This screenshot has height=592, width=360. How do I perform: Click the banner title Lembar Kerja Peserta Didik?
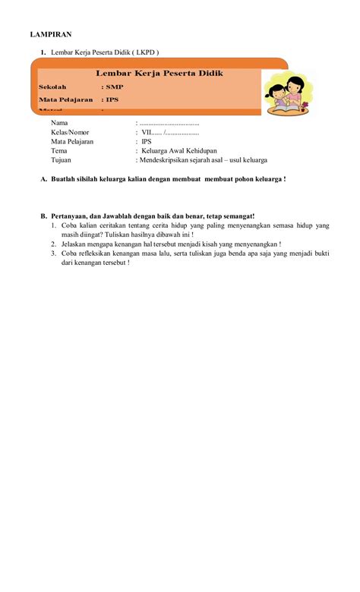(159, 73)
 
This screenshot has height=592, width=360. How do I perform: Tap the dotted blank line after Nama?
(169, 123)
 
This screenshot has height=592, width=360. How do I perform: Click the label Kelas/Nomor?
(70, 132)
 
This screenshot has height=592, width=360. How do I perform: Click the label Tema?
(59, 151)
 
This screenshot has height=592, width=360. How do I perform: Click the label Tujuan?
(62, 160)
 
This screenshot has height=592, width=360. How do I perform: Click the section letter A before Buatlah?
(43, 179)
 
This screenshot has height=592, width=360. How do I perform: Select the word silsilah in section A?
(88, 179)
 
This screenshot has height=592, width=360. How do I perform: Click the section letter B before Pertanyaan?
(43, 216)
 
